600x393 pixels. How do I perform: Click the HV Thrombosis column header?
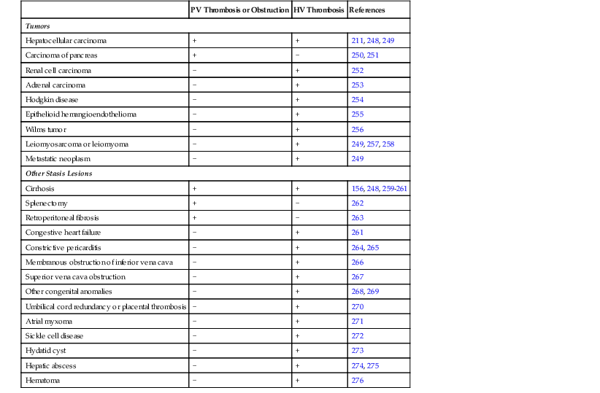click(x=318, y=10)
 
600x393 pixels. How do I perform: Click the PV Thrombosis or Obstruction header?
click(x=239, y=10)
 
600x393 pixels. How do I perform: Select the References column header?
click(x=367, y=10)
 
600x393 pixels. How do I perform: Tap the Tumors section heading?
click(x=37, y=26)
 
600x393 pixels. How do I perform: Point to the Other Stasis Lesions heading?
click(x=58, y=174)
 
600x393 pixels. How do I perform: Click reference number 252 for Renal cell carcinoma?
click(x=358, y=70)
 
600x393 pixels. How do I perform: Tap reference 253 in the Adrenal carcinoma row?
click(x=358, y=85)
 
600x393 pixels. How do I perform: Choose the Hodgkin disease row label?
click(x=51, y=99)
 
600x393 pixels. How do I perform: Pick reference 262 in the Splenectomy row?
click(x=358, y=203)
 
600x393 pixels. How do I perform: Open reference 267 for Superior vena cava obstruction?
click(x=358, y=277)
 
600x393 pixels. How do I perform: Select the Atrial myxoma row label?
click(x=49, y=321)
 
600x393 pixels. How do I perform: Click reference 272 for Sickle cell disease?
click(x=358, y=336)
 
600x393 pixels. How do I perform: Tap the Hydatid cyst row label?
click(x=46, y=351)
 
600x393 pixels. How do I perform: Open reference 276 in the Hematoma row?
click(x=358, y=381)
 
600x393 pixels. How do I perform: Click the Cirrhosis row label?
click(x=39, y=188)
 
